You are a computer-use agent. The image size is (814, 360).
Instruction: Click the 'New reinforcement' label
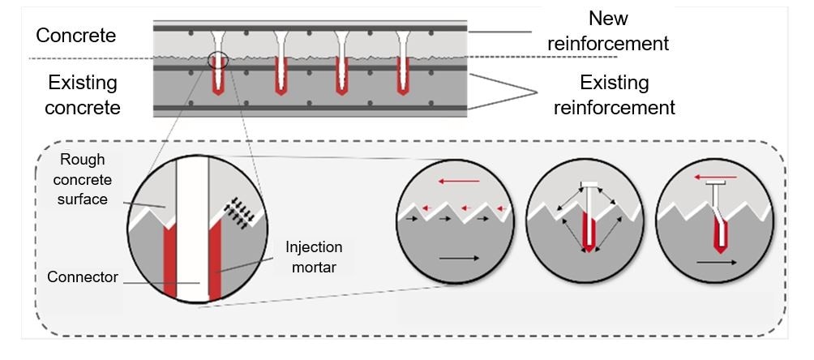[x=607, y=31]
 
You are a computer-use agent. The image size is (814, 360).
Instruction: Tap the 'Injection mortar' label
[x=315, y=257]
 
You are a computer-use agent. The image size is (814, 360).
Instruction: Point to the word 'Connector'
[x=83, y=277]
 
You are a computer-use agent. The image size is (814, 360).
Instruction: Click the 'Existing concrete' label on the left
[x=83, y=94]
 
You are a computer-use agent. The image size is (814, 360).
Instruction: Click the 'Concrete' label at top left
[x=76, y=36]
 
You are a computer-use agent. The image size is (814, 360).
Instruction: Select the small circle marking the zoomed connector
[x=218, y=60]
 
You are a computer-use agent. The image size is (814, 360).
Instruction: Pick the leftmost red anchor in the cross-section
[x=218, y=77]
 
